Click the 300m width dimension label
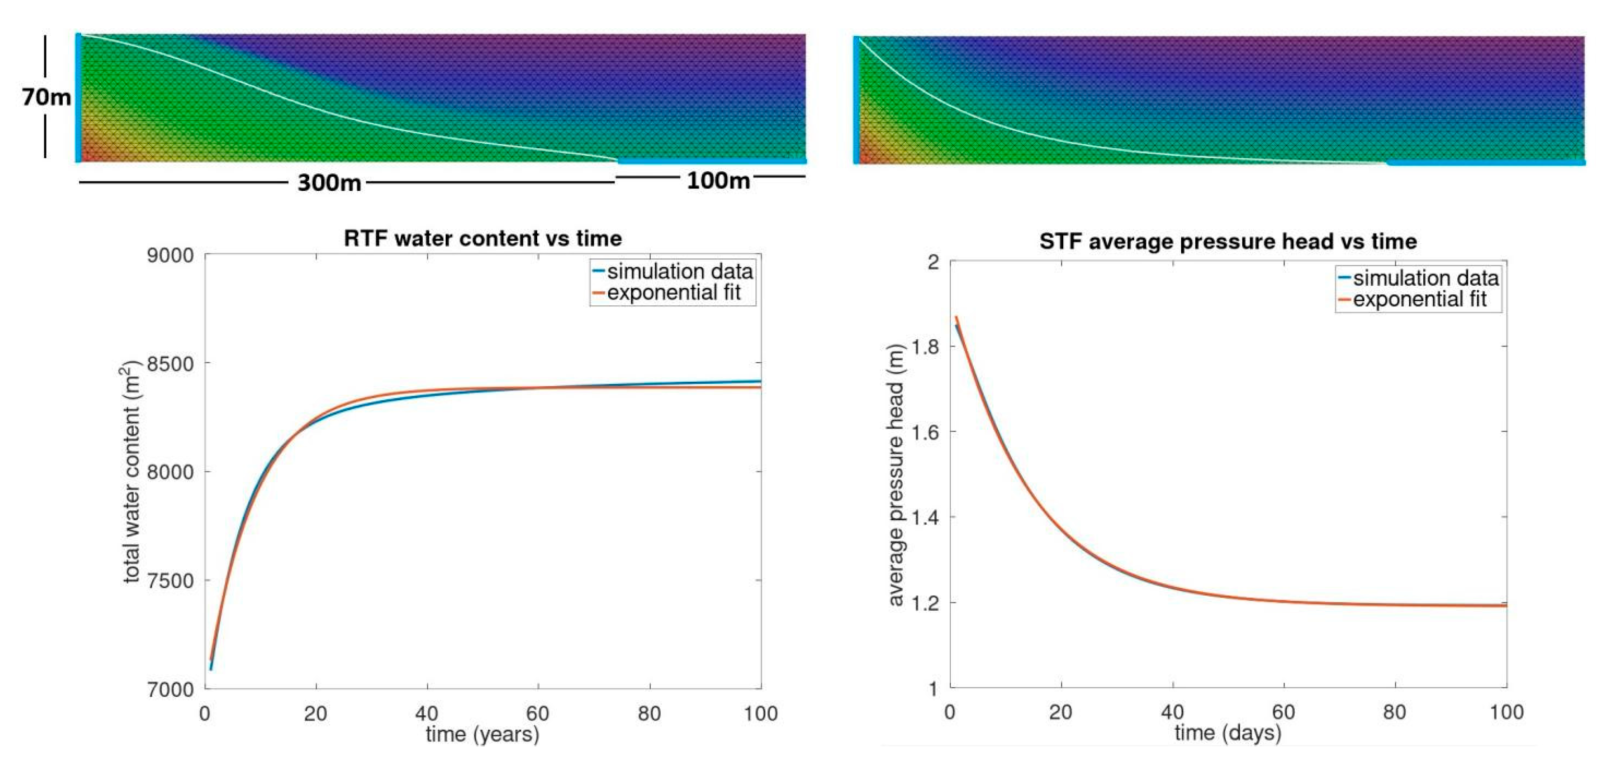click(x=329, y=183)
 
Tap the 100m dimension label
click(x=718, y=180)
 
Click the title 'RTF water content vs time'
click(x=482, y=238)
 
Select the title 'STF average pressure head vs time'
click(x=1228, y=241)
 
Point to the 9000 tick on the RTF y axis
click(x=169, y=255)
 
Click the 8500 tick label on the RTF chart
click(x=169, y=364)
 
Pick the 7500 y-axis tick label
click(x=169, y=580)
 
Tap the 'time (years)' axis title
click(x=482, y=734)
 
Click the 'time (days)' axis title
click(x=1228, y=733)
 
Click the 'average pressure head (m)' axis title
click(x=896, y=475)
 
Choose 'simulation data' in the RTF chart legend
click(x=680, y=272)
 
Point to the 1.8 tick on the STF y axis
click(x=925, y=347)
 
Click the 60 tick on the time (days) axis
click(x=1284, y=712)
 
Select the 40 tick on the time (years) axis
click(x=427, y=713)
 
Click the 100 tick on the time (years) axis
click(x=761, y=713)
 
